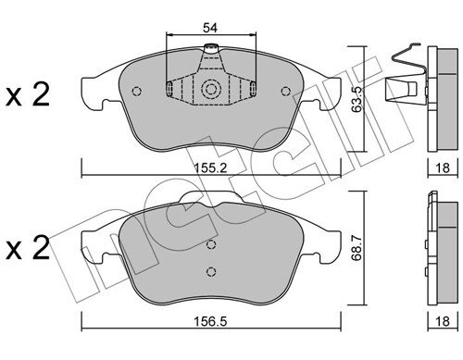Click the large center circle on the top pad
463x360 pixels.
point(210,90)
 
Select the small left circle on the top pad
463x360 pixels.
point(137,91)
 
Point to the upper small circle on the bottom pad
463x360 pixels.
point(211,246)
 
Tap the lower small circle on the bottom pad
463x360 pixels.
point(211,271)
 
